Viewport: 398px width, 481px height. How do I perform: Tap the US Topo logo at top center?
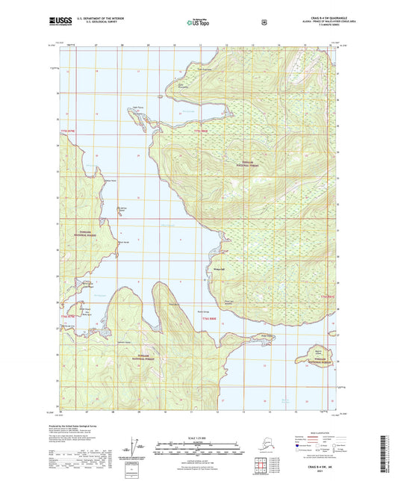pyautogui.click(x=198, y=23)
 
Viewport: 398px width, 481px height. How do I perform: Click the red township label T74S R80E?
pyautogui.click(x=210, y=317)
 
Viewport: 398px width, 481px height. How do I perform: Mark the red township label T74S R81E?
pyautogui.click(x=328, y=297)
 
